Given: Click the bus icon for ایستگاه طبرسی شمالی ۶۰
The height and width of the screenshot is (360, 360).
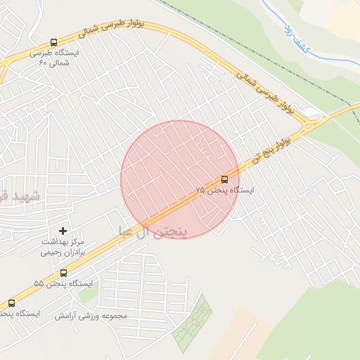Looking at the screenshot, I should pos(55,43).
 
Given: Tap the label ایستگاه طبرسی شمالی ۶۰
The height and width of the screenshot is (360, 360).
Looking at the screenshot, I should pos(55,58).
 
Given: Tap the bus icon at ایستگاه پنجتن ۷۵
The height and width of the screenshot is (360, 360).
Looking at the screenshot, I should pos(224,179).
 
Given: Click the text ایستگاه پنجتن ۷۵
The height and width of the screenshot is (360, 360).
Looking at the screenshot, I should pos(225,191).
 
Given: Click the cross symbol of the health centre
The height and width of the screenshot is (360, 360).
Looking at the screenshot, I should pos(63,231).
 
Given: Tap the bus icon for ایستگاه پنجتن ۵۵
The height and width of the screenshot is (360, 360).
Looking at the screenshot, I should pos(63,273).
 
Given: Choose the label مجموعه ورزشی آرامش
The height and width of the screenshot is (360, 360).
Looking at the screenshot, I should pos(91,316).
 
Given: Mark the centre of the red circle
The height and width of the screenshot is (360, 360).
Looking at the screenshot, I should pos(180,179).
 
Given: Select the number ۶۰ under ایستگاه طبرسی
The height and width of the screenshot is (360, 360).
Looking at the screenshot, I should pos(42,63).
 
